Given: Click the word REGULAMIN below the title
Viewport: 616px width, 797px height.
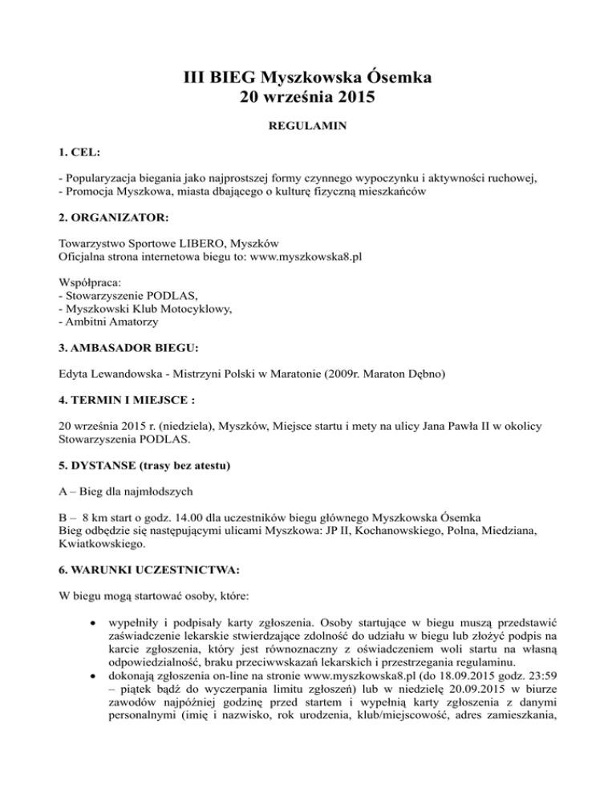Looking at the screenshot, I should click(308, 127).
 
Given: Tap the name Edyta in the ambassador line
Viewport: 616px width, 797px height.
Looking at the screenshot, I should click(77, 373).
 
